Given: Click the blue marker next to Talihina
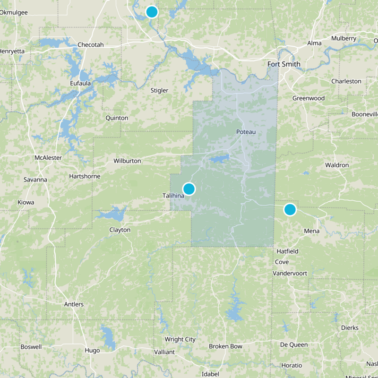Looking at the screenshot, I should pos(189,189).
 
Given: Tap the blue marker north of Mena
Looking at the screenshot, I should pos(290,209).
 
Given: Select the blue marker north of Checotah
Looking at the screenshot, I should pos(151,12).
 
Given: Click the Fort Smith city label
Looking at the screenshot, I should pos(283,64).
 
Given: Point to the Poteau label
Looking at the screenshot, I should pos(246,132).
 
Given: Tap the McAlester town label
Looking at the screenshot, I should pos(48,157).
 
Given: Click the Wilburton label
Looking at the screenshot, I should pos(127,161).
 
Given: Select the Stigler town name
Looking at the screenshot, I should pos(159,90).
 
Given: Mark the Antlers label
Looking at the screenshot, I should pos(74,304).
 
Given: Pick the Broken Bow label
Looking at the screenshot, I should pos(225,346).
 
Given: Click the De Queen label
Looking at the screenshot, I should pos(293,344).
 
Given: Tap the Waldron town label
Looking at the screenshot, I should pos(337,165).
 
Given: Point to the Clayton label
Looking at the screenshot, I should pos(120,230).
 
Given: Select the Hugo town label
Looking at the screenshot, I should pos(92,351).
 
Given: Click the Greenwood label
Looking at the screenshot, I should pos(308,98).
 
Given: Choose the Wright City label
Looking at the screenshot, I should pos(180,339).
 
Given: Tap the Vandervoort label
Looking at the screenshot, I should pos(291,274).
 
